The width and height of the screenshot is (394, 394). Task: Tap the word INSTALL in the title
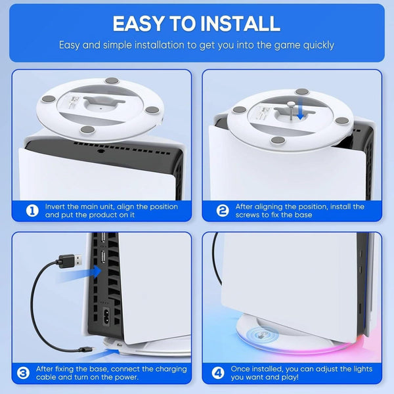234,24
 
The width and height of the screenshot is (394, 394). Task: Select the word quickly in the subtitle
315,45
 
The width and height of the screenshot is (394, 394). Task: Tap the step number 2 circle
223,211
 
